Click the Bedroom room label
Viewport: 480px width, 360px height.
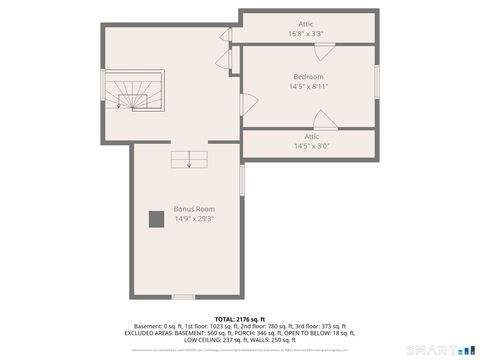pyautogui.click(x=308, y=77)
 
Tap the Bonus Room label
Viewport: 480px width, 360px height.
pyautogui.click(x=194, y=209)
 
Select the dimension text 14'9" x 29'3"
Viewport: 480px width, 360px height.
pyautogui.click(x=194, y=219)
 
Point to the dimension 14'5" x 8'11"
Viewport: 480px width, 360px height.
pyautogui.click(x=308, y=87)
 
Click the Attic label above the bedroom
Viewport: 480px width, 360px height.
pyautogui.click(x=305, y=24)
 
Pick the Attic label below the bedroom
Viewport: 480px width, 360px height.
pyautogui.click(x=311, y=136)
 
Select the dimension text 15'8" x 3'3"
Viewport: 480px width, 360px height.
pyautogui.click(x=305, y=34)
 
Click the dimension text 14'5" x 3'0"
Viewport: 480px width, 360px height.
pyautogui.click(x=311, y=146)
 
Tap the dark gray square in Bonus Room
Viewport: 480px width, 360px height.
pyautogui.click(x=156, y=220)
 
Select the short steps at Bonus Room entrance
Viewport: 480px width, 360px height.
pyautogui.click(x=189, y=157)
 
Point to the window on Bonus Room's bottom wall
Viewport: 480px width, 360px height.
pyautogui.click(x=183, y=297)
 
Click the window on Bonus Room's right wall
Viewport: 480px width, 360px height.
pyautogui.click(x=242, y=180)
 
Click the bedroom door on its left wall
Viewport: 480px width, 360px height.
pyautogui.click(x=248, y=103)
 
